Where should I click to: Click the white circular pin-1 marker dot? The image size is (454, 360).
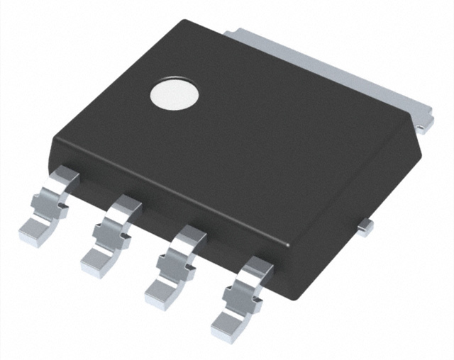174,94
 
